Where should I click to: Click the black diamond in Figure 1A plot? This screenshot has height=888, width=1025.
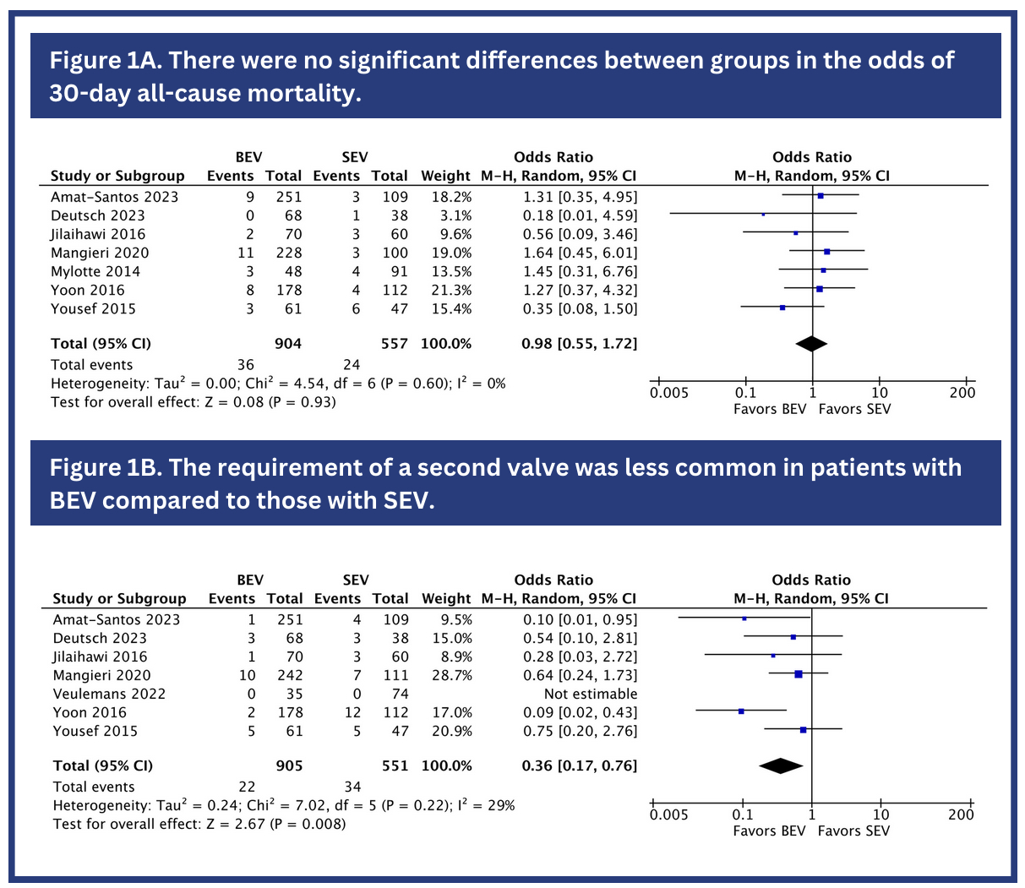pos(811,344)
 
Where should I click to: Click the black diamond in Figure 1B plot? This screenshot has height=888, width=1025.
pos(780,765)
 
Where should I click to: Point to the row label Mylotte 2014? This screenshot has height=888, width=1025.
pos(95,271)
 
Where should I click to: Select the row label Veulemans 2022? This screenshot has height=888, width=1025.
pos(109,694)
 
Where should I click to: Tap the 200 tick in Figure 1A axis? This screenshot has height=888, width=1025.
pos(962,392)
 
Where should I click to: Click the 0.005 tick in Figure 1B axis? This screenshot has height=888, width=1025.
pos(668,814)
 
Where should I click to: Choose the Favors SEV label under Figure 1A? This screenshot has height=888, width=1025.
pos(854,409)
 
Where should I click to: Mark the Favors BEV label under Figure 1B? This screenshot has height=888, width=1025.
pos(769,831)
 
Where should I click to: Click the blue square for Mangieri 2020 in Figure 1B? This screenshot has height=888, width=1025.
pos(799,673)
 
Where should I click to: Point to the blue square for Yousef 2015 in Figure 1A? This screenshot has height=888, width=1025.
pos(782,308)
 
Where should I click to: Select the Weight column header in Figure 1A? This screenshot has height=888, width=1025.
pos(445,176)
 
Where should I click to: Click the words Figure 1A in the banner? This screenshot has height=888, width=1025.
pos(101,61)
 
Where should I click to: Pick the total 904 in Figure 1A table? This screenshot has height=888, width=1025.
pos(287,344)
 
